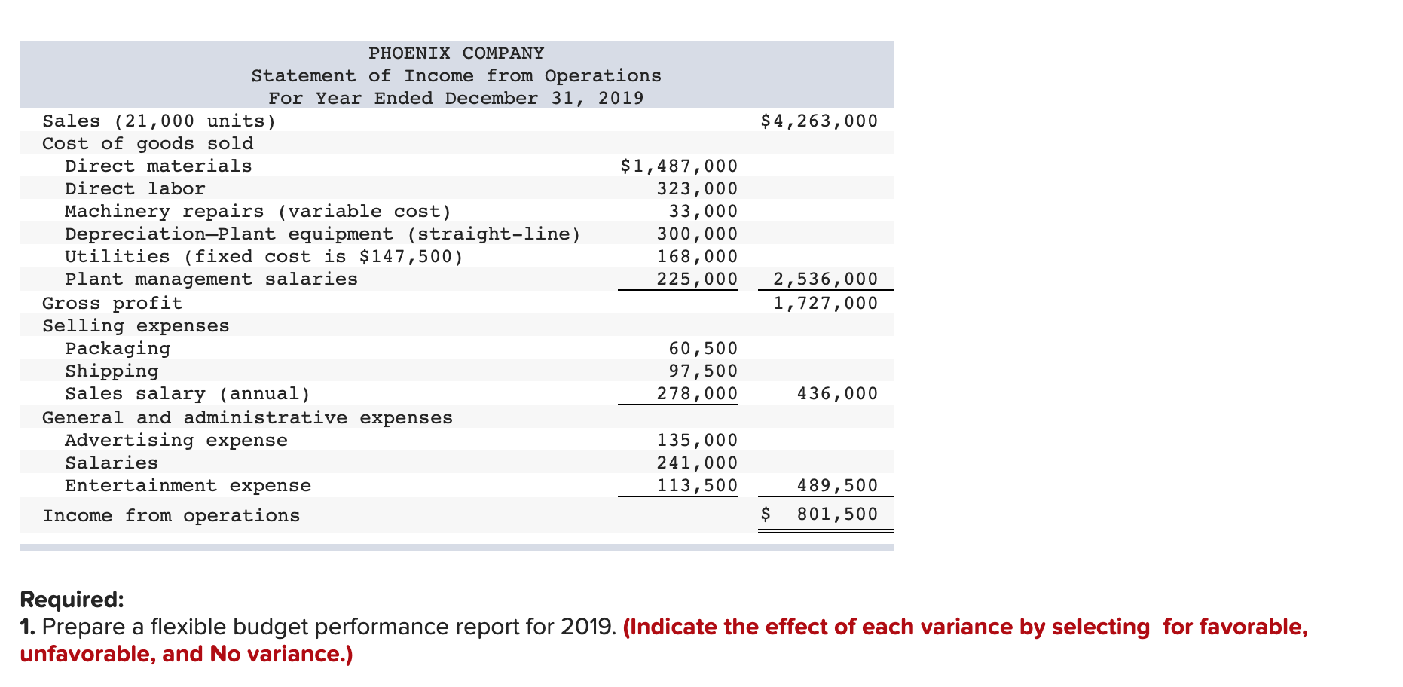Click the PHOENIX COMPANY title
[456, 53]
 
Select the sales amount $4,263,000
[819, 121]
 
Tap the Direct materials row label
[158, 166]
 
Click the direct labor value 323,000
[697, 189]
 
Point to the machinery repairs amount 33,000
[703, 212]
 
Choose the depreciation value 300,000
[697, 234]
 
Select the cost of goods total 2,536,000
[825, 279]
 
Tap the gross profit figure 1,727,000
[825, 304]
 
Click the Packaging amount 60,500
[703, 349]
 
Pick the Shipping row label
[112, 371]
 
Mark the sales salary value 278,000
[697, 394]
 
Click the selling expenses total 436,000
[837, 394]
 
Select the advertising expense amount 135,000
[697, 441]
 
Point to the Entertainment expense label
[188, 486]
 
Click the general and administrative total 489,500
[837, 486]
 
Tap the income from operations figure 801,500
[837, 514]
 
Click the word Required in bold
[72, 600]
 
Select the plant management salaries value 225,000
[697, 279]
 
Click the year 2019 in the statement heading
[621, 99]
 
